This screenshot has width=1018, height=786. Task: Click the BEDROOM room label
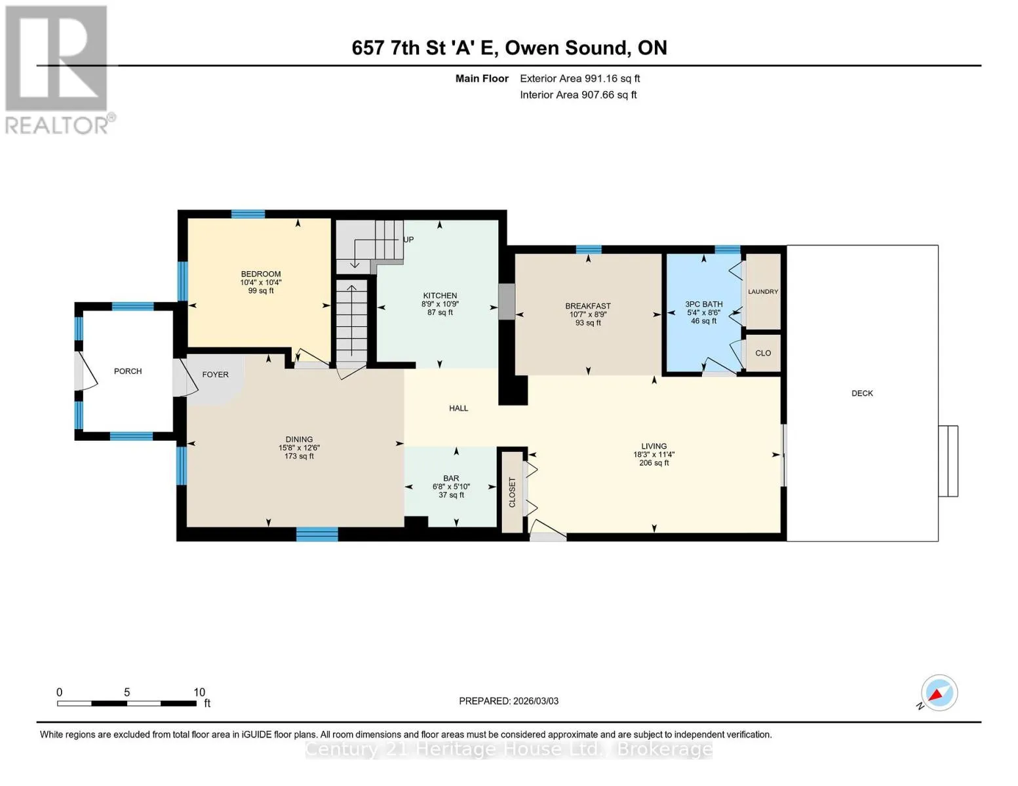click(260, 274)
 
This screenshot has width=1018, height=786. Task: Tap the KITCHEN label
click(439, 295)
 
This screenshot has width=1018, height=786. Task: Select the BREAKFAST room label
click(587, 306)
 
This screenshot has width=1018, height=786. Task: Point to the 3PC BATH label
click(703, 304)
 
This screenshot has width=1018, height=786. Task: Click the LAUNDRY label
click(762, 291)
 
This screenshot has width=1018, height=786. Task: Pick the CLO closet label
click(762, 353)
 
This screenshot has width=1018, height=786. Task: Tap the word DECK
click(862, 393)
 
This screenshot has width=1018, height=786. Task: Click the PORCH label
click(127, 371)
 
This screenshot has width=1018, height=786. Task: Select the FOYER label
click(215, 375)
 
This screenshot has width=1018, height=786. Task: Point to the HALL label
click(458, 408)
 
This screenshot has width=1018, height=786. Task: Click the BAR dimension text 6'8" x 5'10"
click(451, 487)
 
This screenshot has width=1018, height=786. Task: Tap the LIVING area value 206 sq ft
click(654, 462)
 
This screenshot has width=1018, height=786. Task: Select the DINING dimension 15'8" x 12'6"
click(299, 447)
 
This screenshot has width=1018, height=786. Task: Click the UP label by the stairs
click(408, 240)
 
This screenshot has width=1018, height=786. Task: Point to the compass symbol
click(939, 693)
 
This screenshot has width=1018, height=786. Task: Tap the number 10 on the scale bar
click(199, 692)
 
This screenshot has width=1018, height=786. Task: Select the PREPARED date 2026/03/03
click(536, 701)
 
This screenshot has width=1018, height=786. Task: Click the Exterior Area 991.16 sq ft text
click(579, 79)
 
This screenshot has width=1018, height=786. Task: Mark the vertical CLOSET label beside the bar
click(511, 492)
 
